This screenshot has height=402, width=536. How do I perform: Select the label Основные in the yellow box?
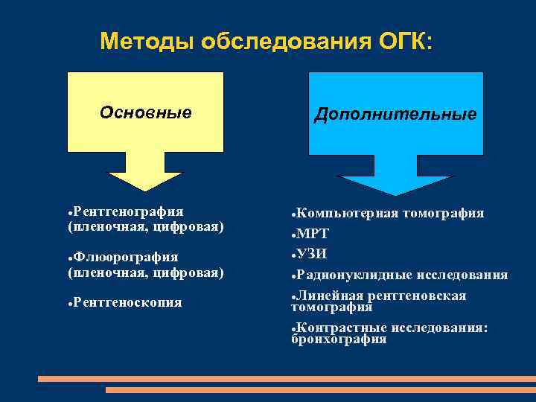(x=146, y=112)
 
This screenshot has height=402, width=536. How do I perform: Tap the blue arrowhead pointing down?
(x=395, y=183)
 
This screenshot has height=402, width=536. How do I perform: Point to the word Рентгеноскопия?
(x=127, y=302)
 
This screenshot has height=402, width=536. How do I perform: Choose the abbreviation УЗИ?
(x=312, y=254)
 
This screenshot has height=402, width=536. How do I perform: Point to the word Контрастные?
(x=342, y=328)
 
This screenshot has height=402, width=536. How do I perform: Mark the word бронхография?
(x=339, y=339)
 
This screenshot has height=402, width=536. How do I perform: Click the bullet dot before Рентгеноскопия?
(x=70, y=303)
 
